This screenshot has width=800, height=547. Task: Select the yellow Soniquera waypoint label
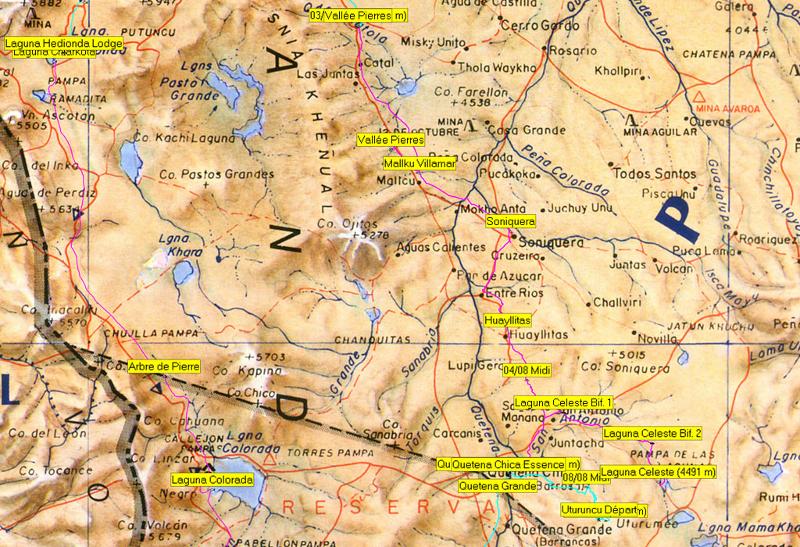point(510,222)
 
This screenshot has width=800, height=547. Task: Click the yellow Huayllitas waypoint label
point(507,320)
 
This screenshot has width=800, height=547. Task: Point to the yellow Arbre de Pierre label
point(164,366)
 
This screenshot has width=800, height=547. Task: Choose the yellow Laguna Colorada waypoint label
point(212,479)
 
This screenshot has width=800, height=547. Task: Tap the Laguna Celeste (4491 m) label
point(659,472)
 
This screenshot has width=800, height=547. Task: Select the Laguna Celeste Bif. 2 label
point(652,433)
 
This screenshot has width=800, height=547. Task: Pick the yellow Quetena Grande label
point(497,486)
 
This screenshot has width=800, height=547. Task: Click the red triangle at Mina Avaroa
point(698,96)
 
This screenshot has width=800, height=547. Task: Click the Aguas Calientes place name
point(441,248)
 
